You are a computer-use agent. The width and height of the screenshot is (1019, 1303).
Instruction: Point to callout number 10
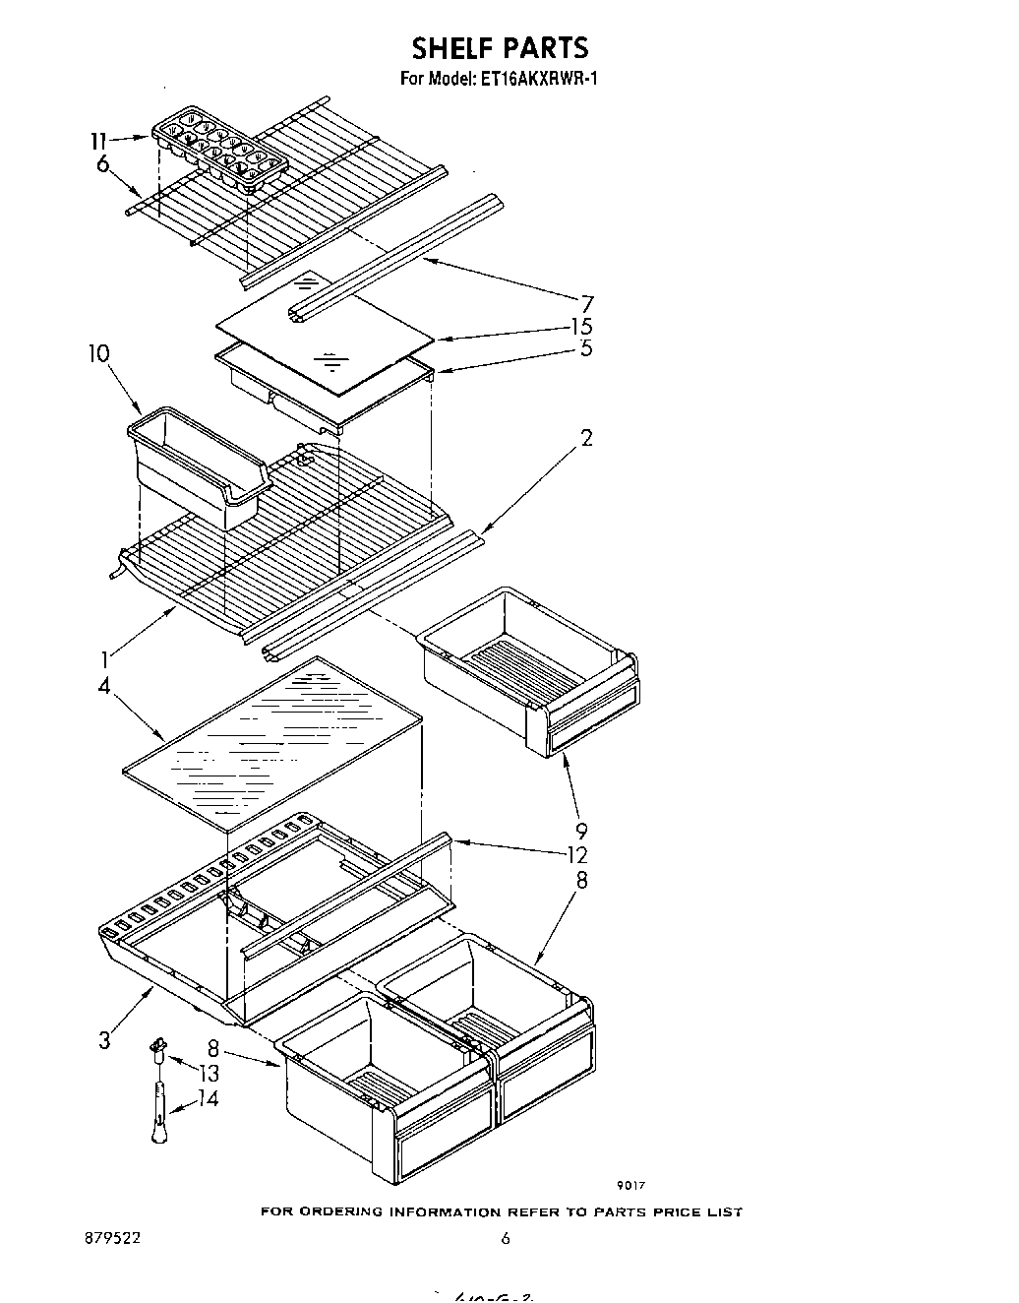pyautogui.click(x=98, y=353)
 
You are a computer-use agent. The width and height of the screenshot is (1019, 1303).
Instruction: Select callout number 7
pyautogui.click(x=586, y=303)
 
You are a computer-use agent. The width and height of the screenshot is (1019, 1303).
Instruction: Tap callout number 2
pyautogui.click(x=586, y=438)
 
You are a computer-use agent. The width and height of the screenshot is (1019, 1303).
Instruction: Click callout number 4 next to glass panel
pyautogui.click(x=104, y=685)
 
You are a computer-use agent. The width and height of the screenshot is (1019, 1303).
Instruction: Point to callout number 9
pyautogui.click(x=582, y=832)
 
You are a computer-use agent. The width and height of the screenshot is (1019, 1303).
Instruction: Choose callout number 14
pyautogui.click(x=207, y=1098)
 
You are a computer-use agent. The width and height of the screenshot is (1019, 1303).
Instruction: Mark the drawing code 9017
pyautogui.click(x=630, y=1186)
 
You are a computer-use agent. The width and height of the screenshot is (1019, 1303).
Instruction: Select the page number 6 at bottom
pyautogui.click(x=506, y=1239)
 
